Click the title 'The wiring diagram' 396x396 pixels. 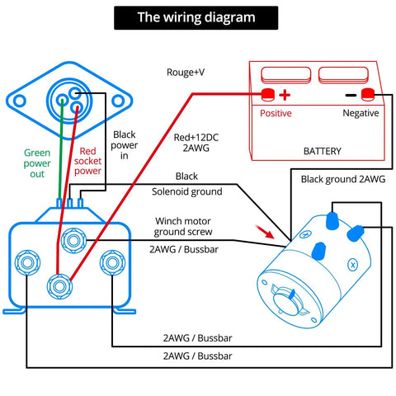(196, 17)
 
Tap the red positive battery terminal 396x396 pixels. (267, 94)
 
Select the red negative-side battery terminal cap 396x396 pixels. (368, 94)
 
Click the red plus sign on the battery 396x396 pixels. (285, 95)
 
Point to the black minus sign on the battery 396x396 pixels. (351, 96)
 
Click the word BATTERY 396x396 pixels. (323, 151)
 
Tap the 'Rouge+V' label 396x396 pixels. (186, 73)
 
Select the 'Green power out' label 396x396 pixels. (37, 163)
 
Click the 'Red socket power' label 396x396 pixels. (87, 161)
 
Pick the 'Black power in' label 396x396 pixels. (125, 145)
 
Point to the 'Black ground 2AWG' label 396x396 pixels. (343, 179)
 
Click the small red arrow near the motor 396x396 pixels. (265, 232)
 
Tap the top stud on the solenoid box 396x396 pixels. (73, 241)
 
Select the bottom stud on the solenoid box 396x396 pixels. (59, 286)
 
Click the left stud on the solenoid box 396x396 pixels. (27, 262)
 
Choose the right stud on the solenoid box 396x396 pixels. (112, 262)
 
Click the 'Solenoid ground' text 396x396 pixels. (187, 191)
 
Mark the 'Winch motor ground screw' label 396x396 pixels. (183, 227)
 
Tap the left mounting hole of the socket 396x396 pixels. (20, 101)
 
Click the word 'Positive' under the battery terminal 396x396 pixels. (276, 113)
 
